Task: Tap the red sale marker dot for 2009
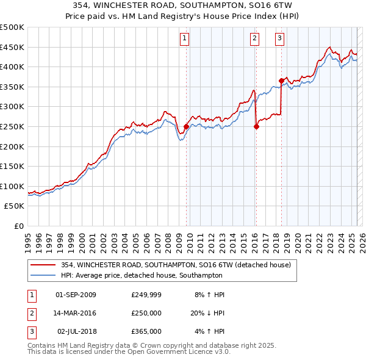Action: coord(186,127)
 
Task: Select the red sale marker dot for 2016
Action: coord(256,127)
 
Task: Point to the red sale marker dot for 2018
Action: coord(281,81)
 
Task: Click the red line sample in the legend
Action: coord(43,265)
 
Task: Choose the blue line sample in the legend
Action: coord(43,275)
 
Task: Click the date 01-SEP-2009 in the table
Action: coord(76,295)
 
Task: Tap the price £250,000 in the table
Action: coord(146,313)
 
